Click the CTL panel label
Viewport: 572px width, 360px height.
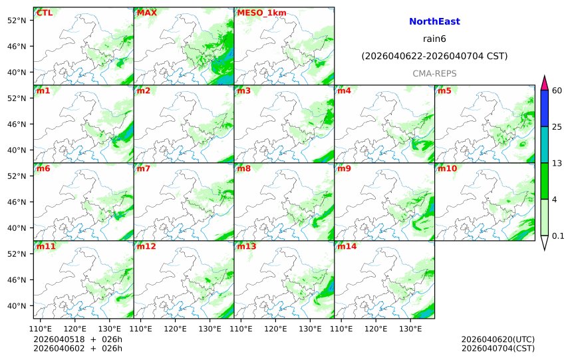tap(45, 13)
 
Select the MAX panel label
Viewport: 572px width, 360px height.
tap(146, 13)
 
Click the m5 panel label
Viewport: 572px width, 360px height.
tap(444, 90)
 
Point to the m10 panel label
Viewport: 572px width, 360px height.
tap(447, 168)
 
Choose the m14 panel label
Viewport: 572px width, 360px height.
tap(347, 246)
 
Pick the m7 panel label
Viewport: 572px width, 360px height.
tap(144, 168)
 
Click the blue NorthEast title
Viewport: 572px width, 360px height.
tap(434, 22)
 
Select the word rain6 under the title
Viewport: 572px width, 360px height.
tap(434, 39)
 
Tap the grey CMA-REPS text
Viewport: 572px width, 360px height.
tap(434, 73)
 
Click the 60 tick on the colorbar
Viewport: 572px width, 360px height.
tap(558, 90)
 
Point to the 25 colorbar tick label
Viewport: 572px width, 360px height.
tap(558, 127)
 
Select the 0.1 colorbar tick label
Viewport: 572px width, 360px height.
tap(559, 236)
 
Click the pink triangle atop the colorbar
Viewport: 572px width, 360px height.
tap(545, 83)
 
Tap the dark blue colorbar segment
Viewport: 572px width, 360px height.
tap(545, 108)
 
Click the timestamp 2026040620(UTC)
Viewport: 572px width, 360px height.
tap(498, 339)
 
